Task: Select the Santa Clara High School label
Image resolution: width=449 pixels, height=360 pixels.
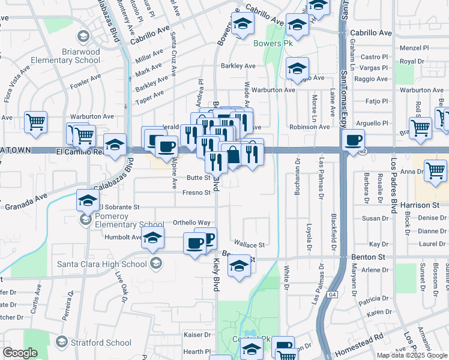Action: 102,264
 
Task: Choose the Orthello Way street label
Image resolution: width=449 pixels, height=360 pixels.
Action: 191,223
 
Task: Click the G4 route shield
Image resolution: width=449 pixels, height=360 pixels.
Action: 333,295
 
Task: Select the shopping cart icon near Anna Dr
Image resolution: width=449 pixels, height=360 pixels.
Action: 435,170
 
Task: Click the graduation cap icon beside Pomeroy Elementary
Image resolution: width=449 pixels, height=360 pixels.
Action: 88,200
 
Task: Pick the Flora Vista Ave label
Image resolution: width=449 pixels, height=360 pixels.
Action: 17,85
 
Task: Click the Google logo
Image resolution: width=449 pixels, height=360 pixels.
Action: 20,353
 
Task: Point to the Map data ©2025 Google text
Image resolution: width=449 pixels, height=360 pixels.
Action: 411,355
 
